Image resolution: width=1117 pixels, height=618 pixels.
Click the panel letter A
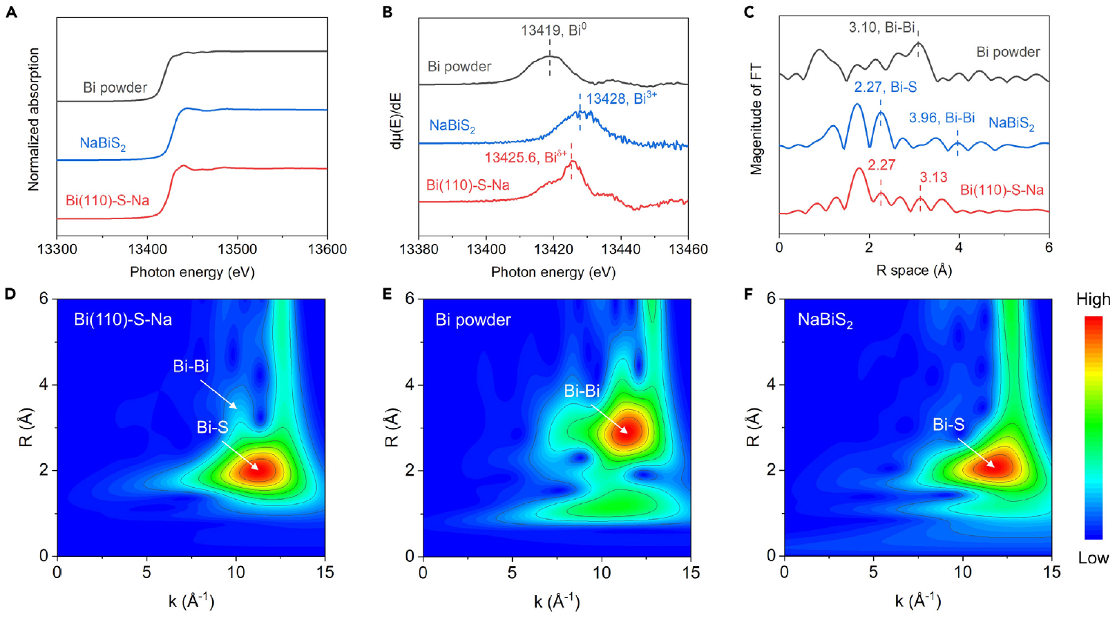tap(11, 12)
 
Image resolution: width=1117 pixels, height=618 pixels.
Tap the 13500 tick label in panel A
tap(237, 249)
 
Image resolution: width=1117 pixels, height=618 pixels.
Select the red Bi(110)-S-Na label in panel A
tap(107, 200)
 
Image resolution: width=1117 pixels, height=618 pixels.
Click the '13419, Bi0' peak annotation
tap(553, 30)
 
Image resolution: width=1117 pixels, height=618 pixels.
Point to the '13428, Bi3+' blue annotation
tap(621, 99)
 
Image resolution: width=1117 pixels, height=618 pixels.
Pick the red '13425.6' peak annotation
tap(526, 157)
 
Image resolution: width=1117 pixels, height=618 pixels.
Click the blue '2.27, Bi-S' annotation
tap(885, 87)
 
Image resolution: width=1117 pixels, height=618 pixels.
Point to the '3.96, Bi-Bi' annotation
tap(942, 118)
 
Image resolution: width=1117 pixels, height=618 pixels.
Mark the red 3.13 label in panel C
tap(933, 178)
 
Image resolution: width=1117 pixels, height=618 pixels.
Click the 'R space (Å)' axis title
tap(914, 271)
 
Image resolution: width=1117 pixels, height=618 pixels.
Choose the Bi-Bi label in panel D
tap(191, 366)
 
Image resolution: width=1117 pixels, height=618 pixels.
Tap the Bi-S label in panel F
tap(948, 425)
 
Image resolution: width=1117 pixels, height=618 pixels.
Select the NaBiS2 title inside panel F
tap(825, 320)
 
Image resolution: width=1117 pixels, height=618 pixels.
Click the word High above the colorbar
tap(1093, 299)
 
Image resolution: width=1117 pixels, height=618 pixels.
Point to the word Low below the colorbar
tap(1093, 558)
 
